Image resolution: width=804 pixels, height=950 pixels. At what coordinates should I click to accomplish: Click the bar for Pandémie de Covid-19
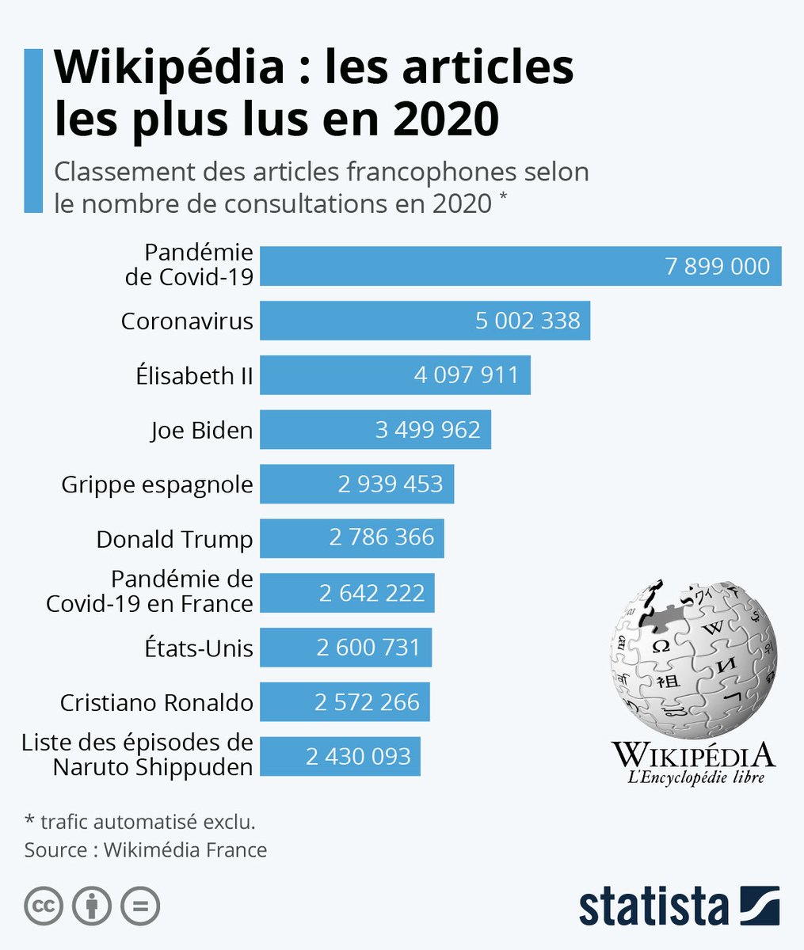coord(520,266)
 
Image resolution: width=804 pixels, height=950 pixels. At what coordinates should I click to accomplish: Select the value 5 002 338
coord(528,321)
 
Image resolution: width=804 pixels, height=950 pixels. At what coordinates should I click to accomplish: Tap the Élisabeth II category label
coord(194,375)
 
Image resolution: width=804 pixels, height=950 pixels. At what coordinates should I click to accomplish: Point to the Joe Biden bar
coord(375,430)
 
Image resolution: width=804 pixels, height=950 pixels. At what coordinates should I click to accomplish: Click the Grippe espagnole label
coord(157,484)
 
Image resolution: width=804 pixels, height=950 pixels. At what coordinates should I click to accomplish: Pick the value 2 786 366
coord(382,538)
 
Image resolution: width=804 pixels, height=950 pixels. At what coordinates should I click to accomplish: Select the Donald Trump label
coord(174,539)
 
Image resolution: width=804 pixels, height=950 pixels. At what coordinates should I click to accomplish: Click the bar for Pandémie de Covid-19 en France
coord(346,593)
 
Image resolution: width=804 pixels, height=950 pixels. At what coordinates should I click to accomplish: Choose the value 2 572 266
coord(367,702)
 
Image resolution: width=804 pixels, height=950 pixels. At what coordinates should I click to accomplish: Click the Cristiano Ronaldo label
coord(157,702)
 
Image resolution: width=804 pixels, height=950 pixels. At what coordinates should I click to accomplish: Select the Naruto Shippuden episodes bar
coord(340,757)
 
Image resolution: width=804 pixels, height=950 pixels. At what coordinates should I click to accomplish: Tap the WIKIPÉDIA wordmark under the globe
coord(693,754)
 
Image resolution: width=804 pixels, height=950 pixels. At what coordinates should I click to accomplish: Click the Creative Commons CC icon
coord(44,906)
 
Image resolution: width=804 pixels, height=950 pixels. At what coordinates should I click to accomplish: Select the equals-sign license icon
coord(139,906)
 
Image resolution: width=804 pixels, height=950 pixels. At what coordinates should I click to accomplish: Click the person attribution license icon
coord(92,906)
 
